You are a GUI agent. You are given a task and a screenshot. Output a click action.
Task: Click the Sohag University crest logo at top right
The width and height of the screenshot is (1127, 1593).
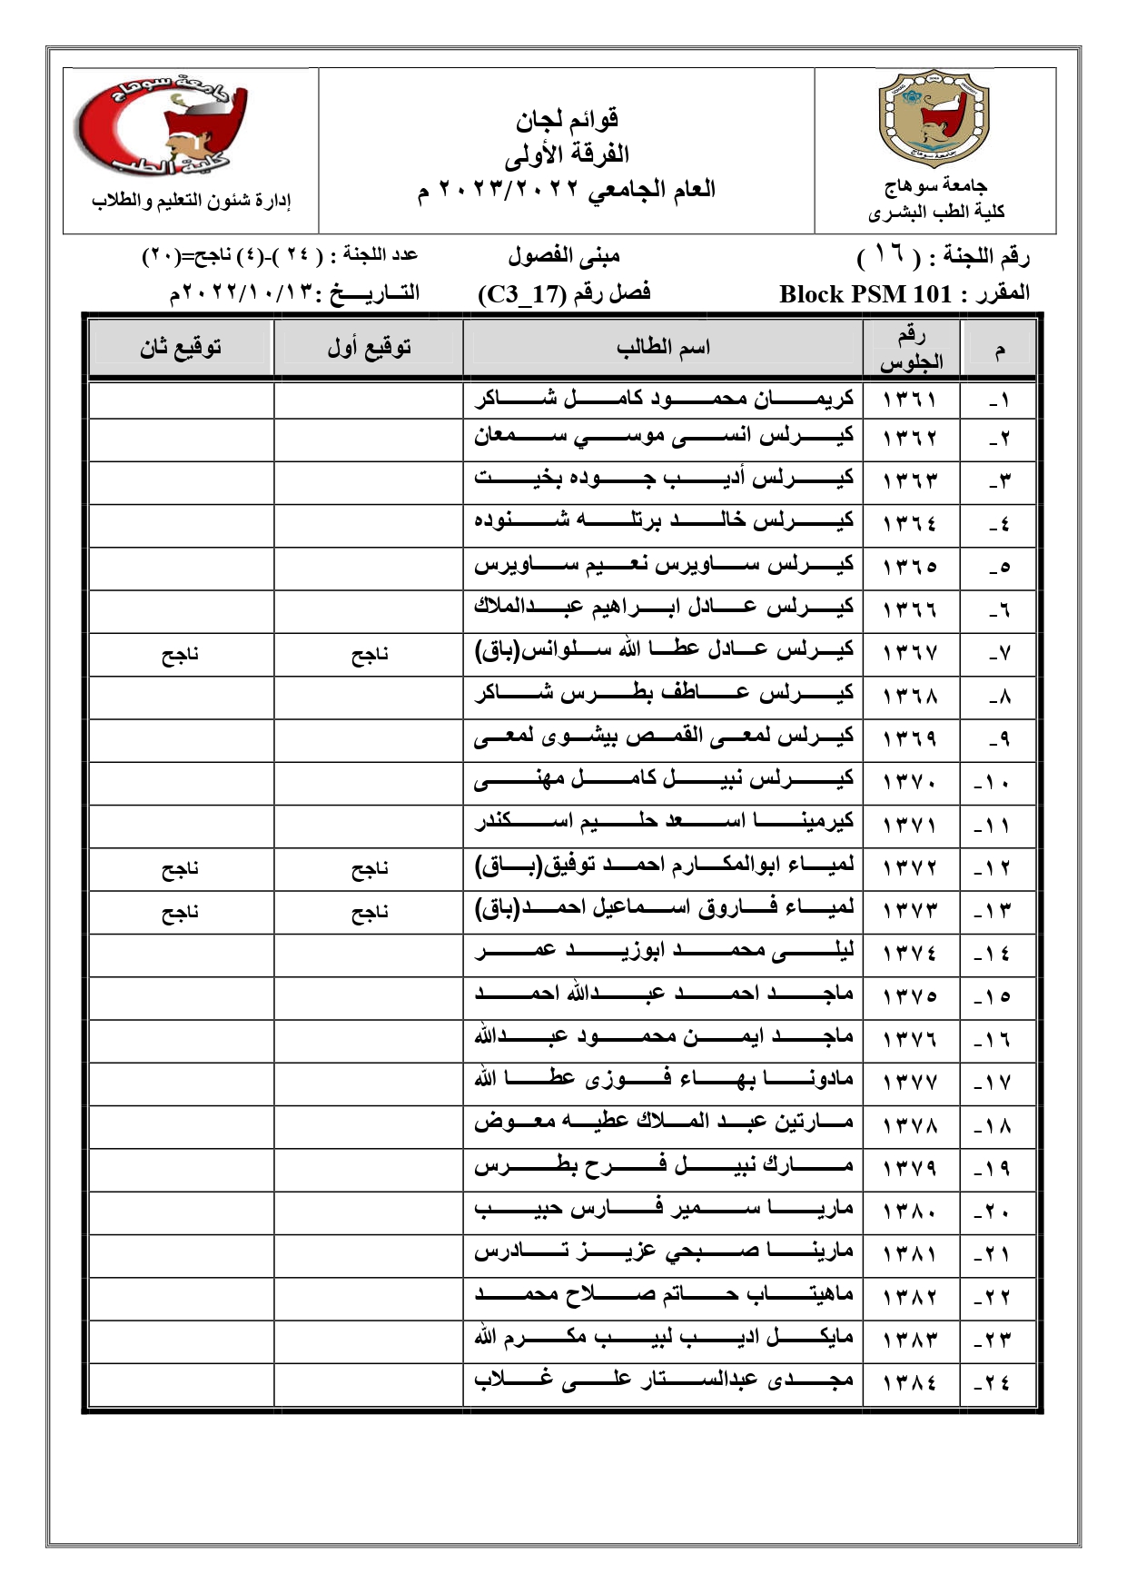point(934,124)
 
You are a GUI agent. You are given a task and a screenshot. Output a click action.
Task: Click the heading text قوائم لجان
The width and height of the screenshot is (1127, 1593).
point(568,119)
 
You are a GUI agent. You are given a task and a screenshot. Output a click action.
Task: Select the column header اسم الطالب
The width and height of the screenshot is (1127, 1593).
point(663,347)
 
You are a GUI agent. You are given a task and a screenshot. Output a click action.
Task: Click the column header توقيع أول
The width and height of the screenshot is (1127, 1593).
point(369,347)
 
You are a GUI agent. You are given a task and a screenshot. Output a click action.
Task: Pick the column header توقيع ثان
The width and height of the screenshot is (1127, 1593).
point(181,347)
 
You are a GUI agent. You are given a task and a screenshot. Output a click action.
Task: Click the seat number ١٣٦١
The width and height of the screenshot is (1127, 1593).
point(909,399)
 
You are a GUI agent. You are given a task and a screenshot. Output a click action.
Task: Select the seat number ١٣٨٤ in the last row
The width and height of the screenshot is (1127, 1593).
point(909,1382)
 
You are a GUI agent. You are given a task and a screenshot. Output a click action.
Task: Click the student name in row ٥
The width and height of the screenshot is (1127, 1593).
point(664,565)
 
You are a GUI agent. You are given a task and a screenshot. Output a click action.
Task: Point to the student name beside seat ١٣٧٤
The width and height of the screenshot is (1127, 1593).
point(664,953)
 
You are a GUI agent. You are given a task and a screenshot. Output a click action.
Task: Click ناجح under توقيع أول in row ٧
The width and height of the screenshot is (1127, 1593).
point(370,655)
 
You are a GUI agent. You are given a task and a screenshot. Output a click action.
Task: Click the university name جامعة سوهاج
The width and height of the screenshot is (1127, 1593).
point(935,186)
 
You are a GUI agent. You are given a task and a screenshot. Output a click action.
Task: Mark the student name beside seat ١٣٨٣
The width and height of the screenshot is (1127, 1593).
point(664,1338)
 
